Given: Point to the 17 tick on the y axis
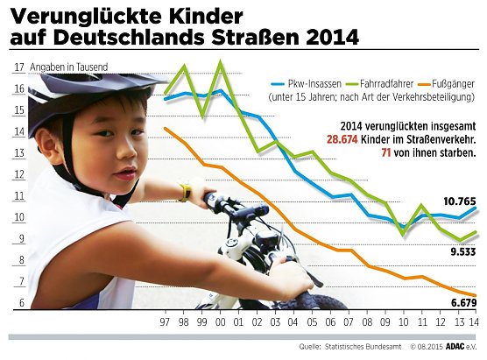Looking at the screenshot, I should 19,68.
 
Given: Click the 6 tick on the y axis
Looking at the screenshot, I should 19,304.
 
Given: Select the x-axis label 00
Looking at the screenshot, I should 220,323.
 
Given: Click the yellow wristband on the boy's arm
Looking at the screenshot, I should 185,191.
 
